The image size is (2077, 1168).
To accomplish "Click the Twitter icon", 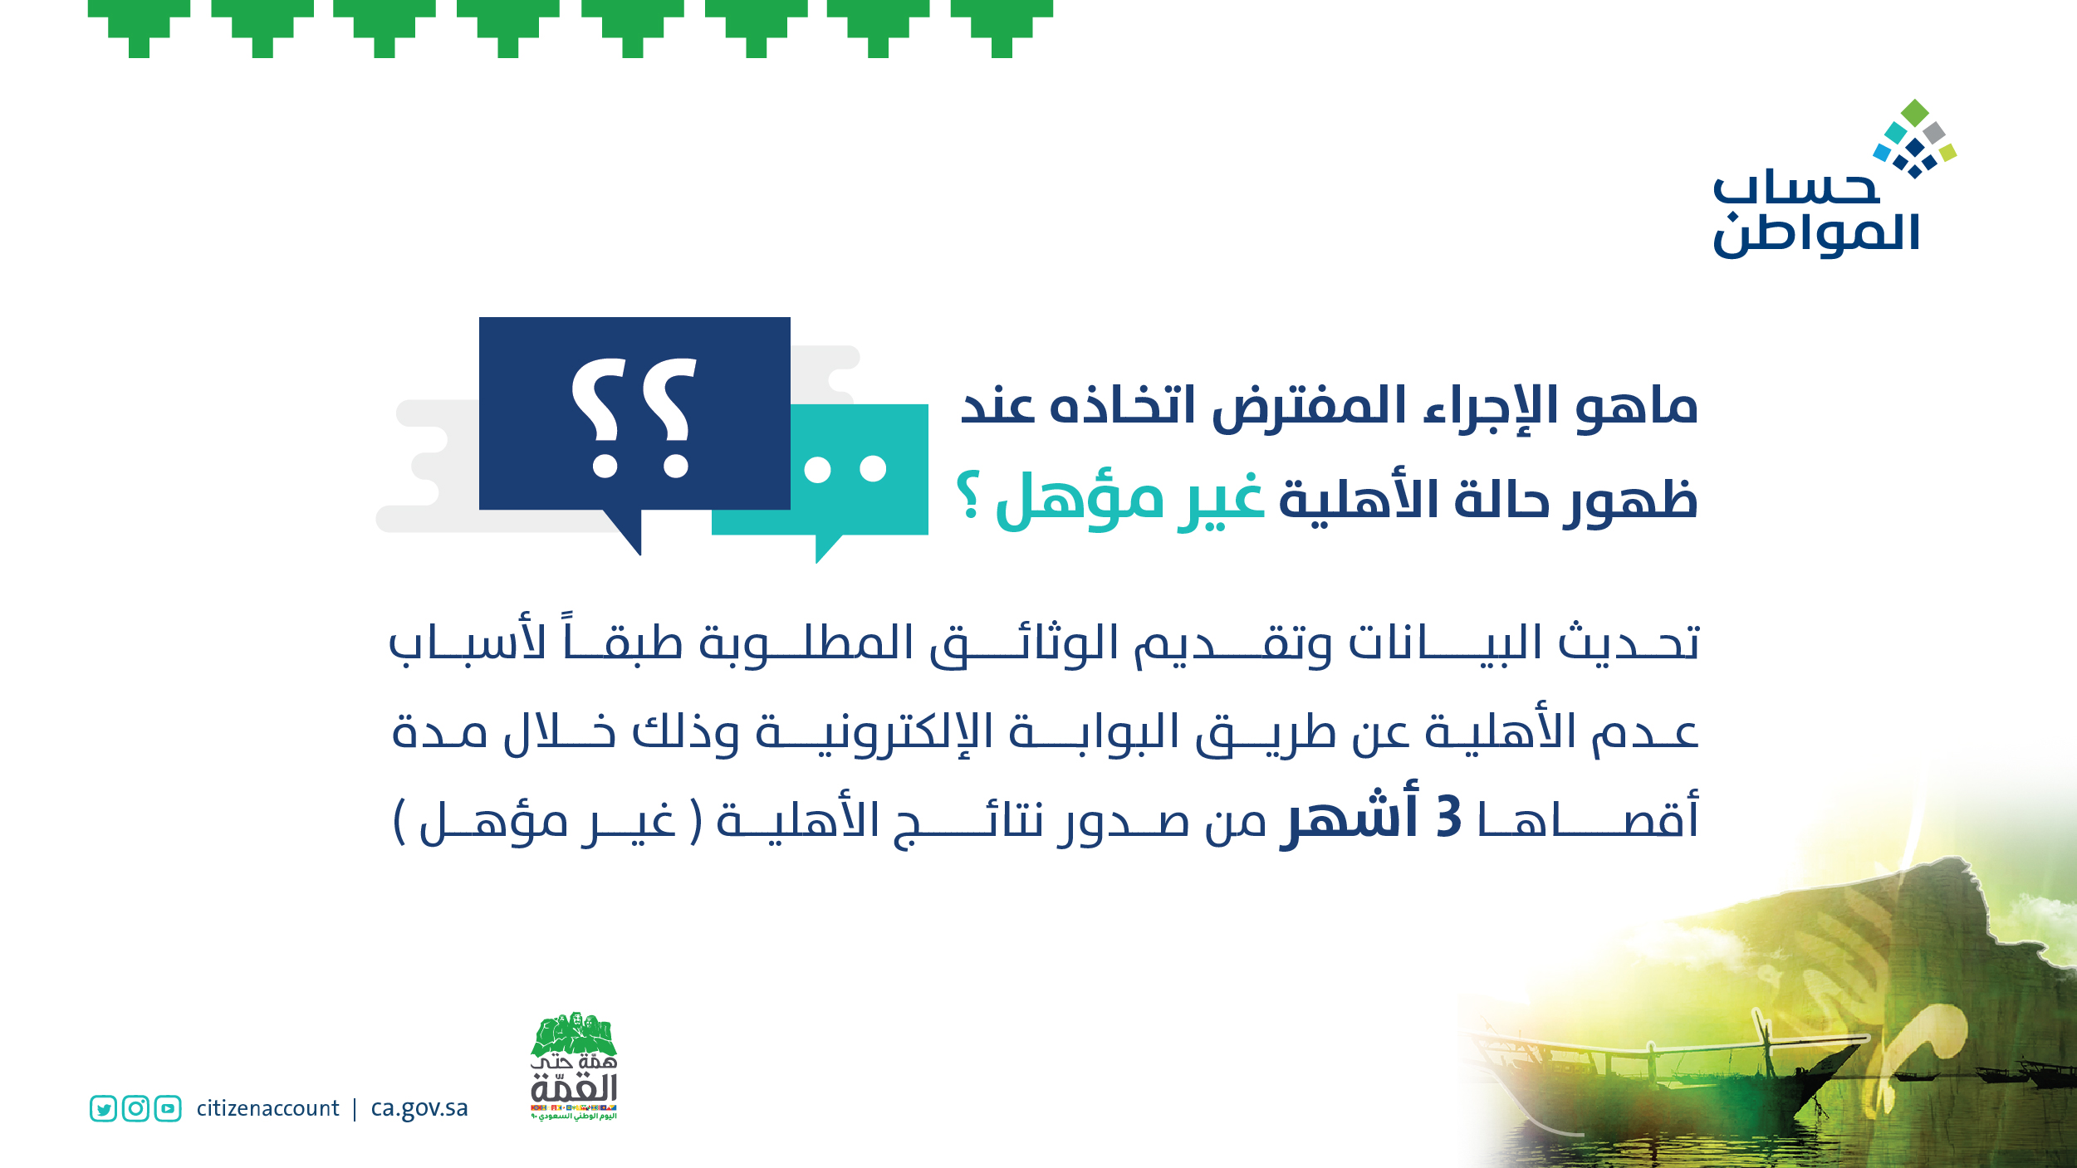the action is (x=103, y=1108).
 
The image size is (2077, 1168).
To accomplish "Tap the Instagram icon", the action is (x=135, y=1108).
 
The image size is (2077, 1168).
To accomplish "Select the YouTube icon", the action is (x=168, y=1108).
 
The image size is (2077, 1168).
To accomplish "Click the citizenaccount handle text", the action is (x=267, y=1108).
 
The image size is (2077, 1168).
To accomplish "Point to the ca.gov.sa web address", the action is (x=419, y=1109).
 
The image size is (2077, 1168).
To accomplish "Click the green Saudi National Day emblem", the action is (x=574, y=1066).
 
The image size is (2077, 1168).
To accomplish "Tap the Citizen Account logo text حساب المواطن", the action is (x=1816, y=213).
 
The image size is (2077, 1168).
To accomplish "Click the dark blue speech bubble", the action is (x=634, y=423).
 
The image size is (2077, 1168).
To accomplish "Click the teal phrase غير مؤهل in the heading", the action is (x=1129, y=500).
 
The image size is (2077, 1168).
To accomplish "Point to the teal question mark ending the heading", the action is (x=968, y=495).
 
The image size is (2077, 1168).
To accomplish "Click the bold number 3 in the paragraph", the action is (x=1448, y=817).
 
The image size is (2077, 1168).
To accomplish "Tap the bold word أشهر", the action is (x=1350, y=815).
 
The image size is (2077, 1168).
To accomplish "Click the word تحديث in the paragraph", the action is (x=1629, y=643).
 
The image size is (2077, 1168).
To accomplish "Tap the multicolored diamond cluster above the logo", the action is (x=1915, y=139).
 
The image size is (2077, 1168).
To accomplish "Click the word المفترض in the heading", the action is (x=1310, y=407).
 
